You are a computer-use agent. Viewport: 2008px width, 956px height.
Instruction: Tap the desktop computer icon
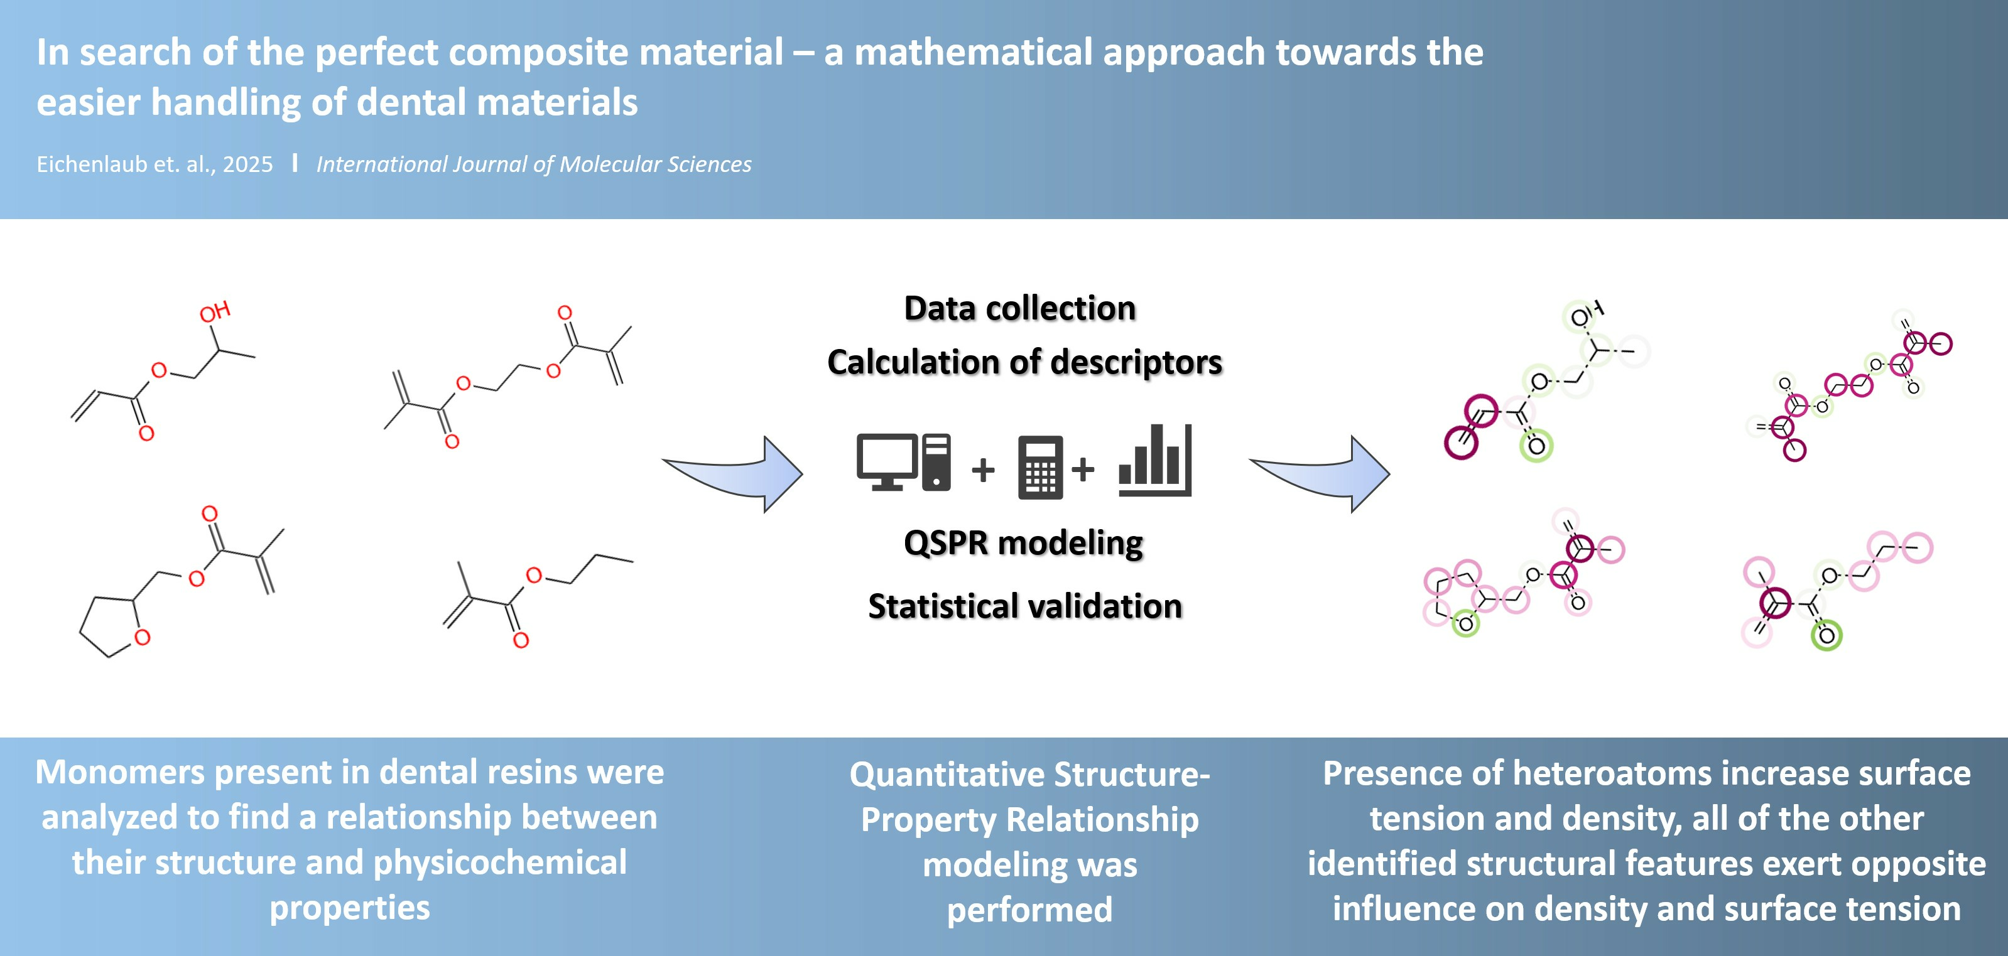(x=903, y=462)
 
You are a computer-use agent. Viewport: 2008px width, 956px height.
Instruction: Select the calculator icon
(x=1041, y=467)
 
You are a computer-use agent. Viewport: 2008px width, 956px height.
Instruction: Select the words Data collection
(x=1019, y=309)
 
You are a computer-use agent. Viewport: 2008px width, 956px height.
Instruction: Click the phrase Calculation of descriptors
(x=1024, y=362)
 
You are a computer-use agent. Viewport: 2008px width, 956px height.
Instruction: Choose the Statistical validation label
(x=1025, y=606)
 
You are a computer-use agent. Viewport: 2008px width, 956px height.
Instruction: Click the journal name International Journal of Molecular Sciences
(x=534, y=164)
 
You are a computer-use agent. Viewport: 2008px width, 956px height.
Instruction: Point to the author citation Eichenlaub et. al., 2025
(x=155, y=164)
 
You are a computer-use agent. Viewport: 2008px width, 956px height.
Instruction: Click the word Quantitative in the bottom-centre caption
(x=947, y=775)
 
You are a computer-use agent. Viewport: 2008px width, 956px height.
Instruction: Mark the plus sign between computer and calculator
(x=983, y=470)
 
